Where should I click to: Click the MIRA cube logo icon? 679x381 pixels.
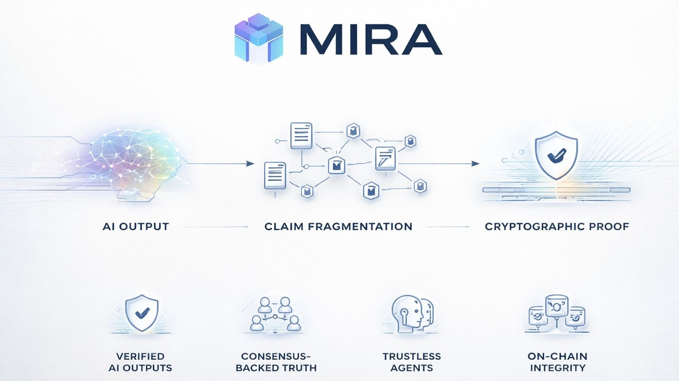[259, 38]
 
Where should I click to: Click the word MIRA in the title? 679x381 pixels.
[370, 40]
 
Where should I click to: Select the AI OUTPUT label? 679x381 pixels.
[136, 227]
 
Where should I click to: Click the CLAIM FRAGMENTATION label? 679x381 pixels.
[338, 227]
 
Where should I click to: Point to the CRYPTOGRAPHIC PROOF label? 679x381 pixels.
[557, 227]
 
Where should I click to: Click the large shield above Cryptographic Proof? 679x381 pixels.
[556, 154]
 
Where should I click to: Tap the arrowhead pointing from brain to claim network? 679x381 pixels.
[251, 164]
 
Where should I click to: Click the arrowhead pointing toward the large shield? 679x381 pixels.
[476, 164]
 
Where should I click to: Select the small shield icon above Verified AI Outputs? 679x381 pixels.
[141, 313]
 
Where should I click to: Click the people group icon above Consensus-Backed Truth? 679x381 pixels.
[275, 314]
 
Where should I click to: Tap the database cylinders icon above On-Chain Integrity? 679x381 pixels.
[557, 312]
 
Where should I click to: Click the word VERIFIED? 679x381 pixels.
[140, 356]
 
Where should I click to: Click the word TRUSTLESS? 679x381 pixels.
[412, 356]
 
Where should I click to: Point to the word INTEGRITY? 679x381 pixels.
[557, 368]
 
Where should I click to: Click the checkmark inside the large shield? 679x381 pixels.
[557, 155]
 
